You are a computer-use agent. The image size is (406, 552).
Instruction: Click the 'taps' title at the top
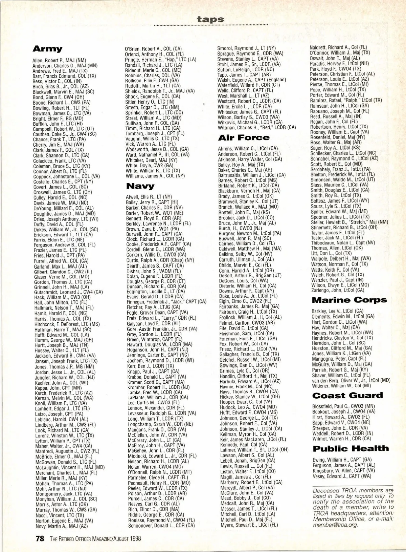211,19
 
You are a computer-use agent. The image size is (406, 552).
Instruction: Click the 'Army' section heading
47,49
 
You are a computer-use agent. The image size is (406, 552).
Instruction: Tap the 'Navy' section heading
140,186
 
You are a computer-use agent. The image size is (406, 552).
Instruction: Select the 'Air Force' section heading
244,137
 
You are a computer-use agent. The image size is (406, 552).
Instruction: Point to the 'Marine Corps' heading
349,300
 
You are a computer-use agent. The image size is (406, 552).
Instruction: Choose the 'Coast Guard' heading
347,396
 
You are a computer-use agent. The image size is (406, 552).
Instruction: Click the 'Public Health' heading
351,448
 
